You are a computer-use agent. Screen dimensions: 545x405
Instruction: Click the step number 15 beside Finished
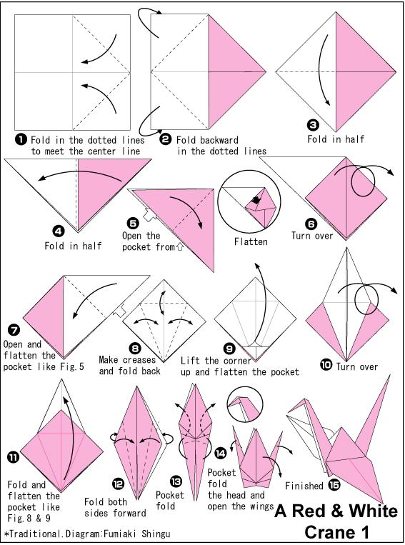click(334, 486)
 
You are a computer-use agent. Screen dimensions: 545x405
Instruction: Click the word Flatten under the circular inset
click(251, 242)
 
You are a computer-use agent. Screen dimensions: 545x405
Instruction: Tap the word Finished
click(304, 486)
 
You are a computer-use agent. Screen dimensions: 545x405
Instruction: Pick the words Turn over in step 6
click(312, 236)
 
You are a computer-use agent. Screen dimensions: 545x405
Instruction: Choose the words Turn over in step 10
click(357, 366)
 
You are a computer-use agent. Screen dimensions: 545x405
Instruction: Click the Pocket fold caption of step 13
click(170, 500)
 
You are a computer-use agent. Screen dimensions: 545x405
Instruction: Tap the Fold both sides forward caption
click(115, 507)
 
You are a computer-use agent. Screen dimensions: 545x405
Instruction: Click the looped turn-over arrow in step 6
click(370, 175)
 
